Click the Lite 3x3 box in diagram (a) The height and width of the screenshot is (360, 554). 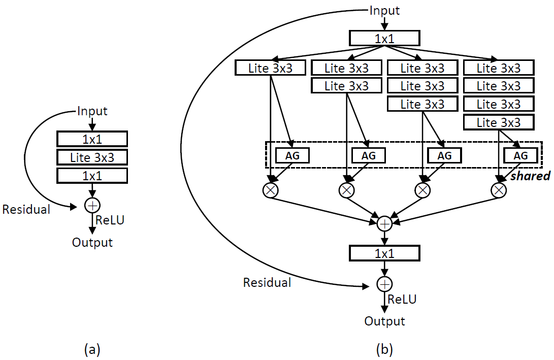[92, 157]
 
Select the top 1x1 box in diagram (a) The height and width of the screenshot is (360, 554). [92, 139]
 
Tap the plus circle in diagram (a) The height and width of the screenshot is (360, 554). [92, 206]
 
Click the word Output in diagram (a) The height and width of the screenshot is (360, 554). [92, 242]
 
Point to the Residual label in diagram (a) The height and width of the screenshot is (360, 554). [26, 209]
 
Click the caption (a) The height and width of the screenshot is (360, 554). [92, 349]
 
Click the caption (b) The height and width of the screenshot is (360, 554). [384, 349]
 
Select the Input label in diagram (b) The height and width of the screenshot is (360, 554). [384, 10]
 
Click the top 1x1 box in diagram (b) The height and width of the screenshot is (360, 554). [384, 38]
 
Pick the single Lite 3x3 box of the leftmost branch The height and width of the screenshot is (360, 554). [271, 68]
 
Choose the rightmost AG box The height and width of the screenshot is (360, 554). [520, 155]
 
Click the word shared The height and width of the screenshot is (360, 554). [530, 176]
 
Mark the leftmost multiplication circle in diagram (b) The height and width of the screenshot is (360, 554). [270, 190]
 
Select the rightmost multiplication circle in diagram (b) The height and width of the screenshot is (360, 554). [499, 190]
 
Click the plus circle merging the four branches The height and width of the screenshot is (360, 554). [384, 223]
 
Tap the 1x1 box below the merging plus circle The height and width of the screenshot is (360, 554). [384, 253]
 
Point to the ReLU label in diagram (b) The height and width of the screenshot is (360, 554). [402, 299]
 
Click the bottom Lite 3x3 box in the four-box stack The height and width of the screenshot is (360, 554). [499, 122]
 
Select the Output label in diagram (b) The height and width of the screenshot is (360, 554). [384, 321]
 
